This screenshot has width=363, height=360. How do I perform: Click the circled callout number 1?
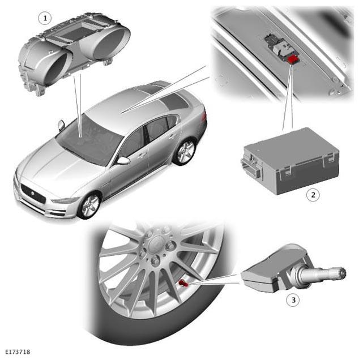(x=45, y=18)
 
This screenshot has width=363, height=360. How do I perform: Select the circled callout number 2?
(x=313, y=195)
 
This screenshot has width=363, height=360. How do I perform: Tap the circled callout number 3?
(x=293, y=300)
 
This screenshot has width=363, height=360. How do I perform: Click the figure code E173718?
(x=18, y=352)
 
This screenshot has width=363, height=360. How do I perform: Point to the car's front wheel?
(x=90, y=205)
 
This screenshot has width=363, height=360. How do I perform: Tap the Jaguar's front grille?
(x=33, y=194)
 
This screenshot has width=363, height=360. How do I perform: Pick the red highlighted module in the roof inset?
(x=293, y=59)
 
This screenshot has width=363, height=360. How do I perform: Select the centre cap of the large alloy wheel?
(x=156, y=245)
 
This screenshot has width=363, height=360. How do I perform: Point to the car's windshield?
(x=90, y=139)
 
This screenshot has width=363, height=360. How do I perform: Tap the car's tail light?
(x=204, y=116)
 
